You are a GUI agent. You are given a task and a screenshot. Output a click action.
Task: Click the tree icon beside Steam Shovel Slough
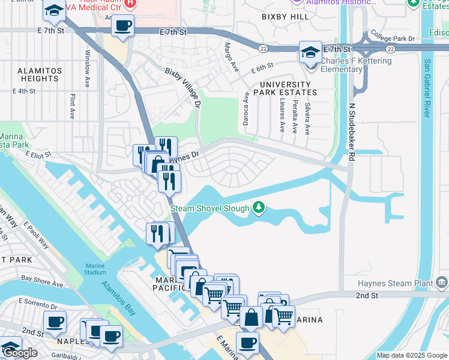click(x=259, y=208)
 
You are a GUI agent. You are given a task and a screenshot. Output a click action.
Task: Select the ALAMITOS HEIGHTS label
click(x=40, y=75)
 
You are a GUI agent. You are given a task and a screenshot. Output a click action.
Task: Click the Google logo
click(x=20, y=353)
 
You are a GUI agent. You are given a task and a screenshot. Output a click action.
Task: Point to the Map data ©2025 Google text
click(x=412, y=355)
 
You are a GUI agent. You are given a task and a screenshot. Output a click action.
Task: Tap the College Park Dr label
click(x=393, y=37)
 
